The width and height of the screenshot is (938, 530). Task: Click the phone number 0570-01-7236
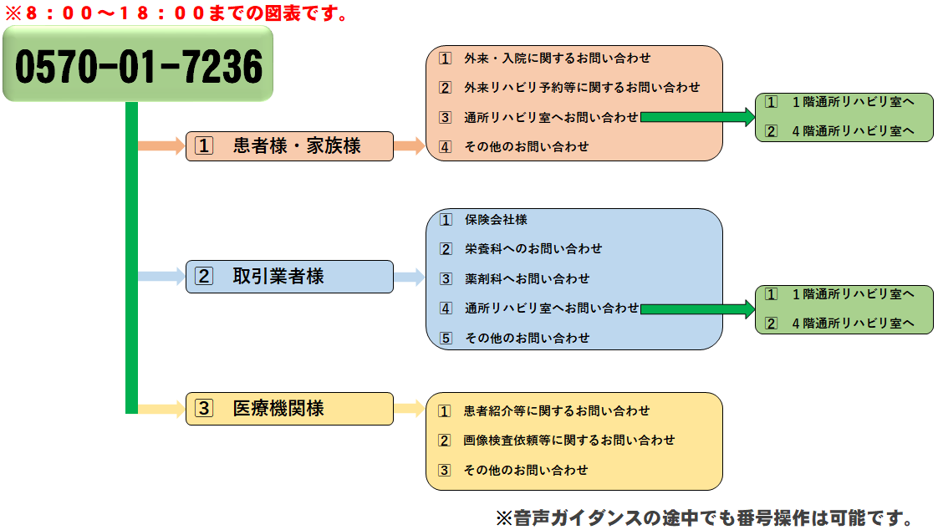click(139, 66)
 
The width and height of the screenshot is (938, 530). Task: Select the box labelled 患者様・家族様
click(289, 146)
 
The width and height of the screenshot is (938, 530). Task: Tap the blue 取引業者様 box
click(289, 277)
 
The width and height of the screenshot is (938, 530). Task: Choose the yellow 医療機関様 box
click(289, 409)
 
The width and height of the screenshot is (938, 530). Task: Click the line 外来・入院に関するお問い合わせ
click(557, 58)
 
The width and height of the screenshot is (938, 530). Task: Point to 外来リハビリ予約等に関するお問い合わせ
click(582, 87)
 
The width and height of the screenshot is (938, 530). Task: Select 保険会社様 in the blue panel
click(496, 220)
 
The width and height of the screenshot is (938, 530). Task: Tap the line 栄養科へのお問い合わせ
click(533, 249)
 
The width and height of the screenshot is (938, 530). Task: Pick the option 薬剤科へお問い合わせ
click(527, 278)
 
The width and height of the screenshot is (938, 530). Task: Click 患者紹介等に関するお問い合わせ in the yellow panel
click(556, 411)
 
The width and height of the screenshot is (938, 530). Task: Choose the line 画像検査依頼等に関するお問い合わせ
click(568, 441)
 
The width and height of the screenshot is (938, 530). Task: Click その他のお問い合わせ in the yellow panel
click(526, 470)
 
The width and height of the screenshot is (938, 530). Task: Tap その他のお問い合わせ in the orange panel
click(527, 146)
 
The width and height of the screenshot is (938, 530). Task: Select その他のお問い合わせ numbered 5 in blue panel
click(527, 338)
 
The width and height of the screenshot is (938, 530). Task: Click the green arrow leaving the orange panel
click(697, 117)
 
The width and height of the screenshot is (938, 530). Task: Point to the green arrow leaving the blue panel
click(697, 308)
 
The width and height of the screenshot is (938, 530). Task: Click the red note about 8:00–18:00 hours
click(176, 13)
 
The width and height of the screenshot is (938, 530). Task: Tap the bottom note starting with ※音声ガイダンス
click(705, 517)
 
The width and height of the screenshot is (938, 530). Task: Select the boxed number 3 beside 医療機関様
click(204, 409)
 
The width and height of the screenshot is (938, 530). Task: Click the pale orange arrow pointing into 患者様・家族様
click(161, 146)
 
